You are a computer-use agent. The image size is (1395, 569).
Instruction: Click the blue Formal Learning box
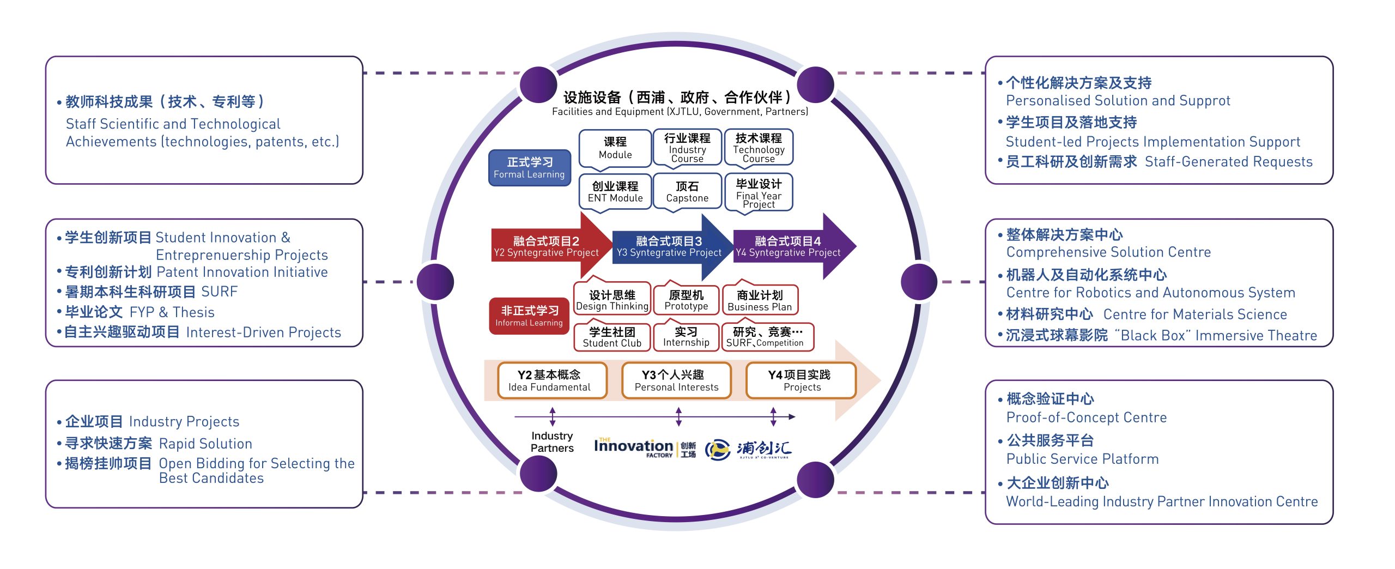click(529, 168)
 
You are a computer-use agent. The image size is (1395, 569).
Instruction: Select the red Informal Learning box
click(529, 316)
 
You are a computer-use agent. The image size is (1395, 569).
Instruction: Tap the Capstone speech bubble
click(687, 192)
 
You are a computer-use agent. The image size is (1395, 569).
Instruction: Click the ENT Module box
click(615, 192)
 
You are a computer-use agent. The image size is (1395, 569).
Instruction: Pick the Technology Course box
click(759, 147)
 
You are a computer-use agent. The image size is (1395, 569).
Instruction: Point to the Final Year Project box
click(759, 193)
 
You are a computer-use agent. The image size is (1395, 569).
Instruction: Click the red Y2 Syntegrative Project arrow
click(546, 246)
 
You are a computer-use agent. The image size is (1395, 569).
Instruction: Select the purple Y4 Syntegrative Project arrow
click(788, 246)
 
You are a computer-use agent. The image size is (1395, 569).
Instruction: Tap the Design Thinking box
click(612, 300)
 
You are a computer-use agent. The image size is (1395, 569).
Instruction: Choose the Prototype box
click(686, 300)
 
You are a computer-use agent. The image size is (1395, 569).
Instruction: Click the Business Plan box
click(760, 300)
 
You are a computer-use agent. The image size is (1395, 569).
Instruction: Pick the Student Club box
click(612, 337)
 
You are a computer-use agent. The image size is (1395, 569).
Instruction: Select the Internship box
click(686, 337)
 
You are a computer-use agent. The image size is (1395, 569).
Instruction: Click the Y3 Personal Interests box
click(676, 380)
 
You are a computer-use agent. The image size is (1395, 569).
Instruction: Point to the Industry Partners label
click(552, 442)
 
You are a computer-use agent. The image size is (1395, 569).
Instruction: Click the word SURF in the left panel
click(220, 292)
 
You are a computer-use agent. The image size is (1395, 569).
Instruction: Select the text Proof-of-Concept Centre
click(1086, 417)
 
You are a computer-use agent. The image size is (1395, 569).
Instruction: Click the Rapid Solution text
click(205, 444)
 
